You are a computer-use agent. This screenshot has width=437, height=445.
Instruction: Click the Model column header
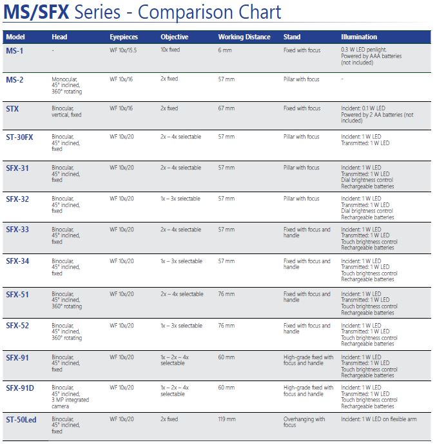pyautogui.click(x=15, y=37)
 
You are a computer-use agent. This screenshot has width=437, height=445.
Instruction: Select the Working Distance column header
pyautogui.click(x=244, y=37)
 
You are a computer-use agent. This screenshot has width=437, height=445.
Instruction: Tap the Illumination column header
pyautogui.click(x=359, y=37)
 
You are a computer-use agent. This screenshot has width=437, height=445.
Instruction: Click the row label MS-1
pyautogui.click(x=15, y=50)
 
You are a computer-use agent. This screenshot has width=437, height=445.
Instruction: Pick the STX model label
pyautogui.click(x=13, y=109)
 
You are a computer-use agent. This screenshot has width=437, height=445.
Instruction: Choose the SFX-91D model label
pyautogui.click(x=20, y=388)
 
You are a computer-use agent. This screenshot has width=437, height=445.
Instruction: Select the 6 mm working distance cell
pyautogui.click(x=224, y=49)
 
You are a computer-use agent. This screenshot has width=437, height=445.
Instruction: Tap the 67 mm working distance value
pyautogui.click(x=226, y=108)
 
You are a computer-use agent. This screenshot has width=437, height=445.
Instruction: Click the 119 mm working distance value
pyautogui.click(x=228, y=419)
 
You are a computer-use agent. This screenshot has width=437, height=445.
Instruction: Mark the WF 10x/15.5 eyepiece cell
pyautogui.click(x=124, y=49)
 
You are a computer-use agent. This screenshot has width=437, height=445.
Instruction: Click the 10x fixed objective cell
pyautogui.click(x=170, y=49)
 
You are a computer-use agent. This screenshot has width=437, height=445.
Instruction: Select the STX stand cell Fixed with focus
pyautogui.click(x=302, y=108)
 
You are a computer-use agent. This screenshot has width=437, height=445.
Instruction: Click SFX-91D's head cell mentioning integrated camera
pyautogui.click(x=70, y=397)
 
